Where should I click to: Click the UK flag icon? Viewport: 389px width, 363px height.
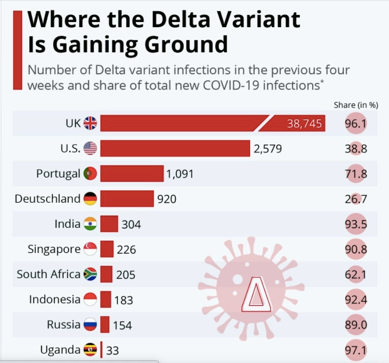(90, 123)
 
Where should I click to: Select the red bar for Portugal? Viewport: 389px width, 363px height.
(132, 174)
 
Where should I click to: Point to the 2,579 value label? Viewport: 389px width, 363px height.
(268, 149)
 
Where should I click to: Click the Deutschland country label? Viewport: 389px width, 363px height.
(48, 199)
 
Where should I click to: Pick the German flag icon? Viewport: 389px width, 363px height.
(90, 199)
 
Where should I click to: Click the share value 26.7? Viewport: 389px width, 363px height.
(356, 199)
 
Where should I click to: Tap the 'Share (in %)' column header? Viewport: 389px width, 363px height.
(356, 105)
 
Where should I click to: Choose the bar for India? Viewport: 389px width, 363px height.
(109, 224)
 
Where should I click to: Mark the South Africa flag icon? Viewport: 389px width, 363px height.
(90, 274)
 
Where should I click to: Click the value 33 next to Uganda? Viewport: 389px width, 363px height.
(113, 350)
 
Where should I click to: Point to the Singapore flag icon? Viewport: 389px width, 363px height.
(90, 249)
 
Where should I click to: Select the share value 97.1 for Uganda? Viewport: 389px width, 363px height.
(356, 350)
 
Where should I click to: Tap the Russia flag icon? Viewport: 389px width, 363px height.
(90, 325)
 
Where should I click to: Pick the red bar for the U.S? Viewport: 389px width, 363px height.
(175, 148)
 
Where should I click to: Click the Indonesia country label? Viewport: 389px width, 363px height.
(55, 300)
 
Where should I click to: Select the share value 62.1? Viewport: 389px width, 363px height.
(356, 274)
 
